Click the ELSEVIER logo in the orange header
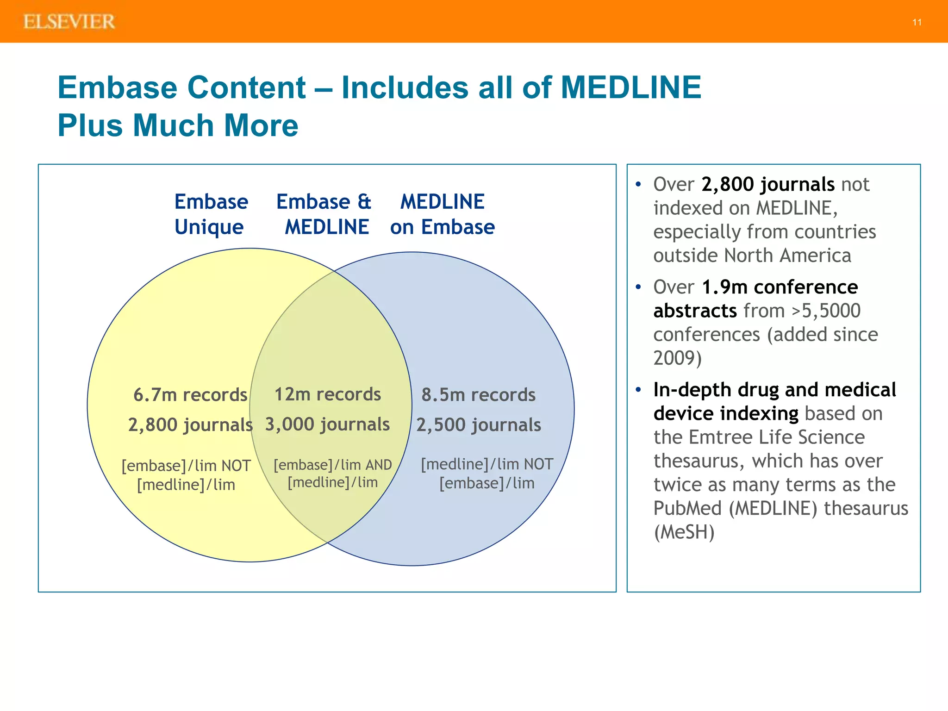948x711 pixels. pyautogui.click(x=69, y=22)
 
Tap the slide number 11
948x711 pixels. pyautogui.click(x=917, y=22)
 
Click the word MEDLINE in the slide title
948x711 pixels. pyautogui.click(x=631, y=87)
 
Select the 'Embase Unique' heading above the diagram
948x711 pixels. pyautogui.click(x=211, y=214)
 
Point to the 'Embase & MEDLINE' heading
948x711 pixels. pyautogui.click(x=324, y=214)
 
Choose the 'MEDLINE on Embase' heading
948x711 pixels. pyautogui.click(x=443, y=214)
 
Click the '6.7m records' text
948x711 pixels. pyautogui.click(x=190, y=395)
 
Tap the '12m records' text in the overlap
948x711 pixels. pyautogui.click(x=328, y=394)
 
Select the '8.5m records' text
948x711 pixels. pyautogui.click(x=478, y=395)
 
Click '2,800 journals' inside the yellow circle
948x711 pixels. pyautogui.click(x=190, y=424)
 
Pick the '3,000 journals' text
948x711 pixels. pyautogui.click(x=327, y=424)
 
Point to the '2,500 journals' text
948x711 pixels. pyautogui.click(x=479, y=424)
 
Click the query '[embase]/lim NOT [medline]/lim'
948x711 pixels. pyautogui.click(x=186, y=475)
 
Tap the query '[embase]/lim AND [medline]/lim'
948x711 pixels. pyautogui.click(x=333, y=473)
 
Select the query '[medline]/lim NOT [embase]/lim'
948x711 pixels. pyautogui.click(x=487, y=474)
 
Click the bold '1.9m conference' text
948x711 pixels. pyautogui.click(x=780, y=287)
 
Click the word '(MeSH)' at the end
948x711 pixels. pyautogui.click(x=684, y=532)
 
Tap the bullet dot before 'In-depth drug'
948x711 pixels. pyautogui.click(x=638, y=390)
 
